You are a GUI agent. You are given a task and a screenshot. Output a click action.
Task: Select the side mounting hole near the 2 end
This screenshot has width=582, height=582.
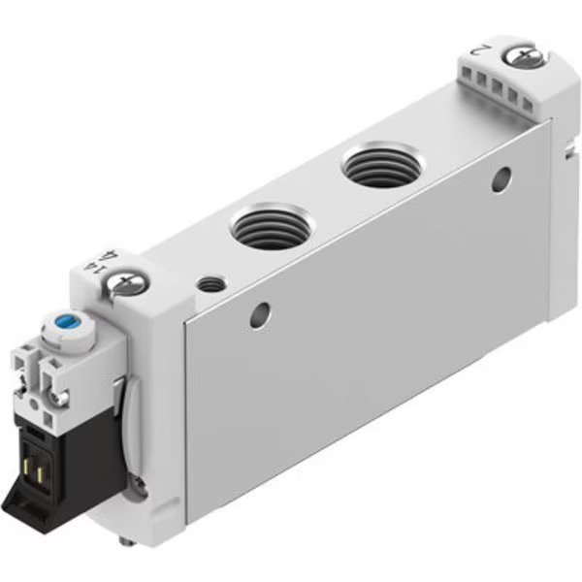click(x=501, y=178)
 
